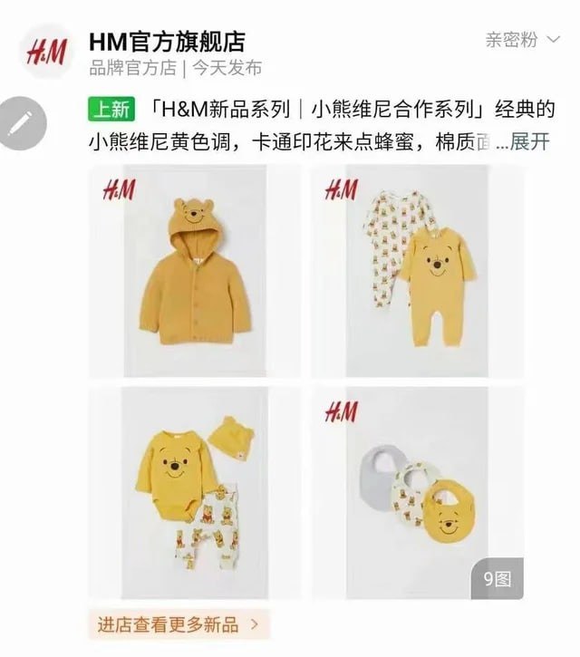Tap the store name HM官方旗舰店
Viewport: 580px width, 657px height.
[x=167, y=42]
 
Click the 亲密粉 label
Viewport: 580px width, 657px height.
[x=511, y=39]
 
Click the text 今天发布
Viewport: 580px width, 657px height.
[x=227, y=68]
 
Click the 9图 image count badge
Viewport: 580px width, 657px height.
[x=497, y=579]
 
